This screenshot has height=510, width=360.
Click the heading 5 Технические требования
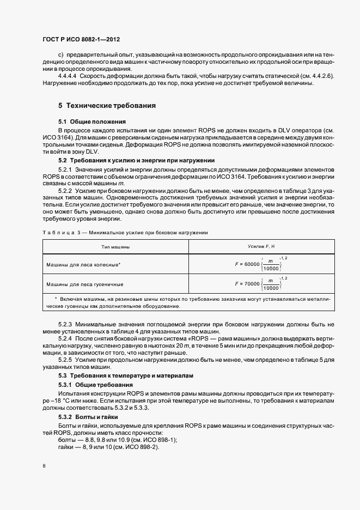coord(99,105)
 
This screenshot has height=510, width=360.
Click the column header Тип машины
coord(115,247)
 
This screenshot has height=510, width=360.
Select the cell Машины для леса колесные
coord(83,264)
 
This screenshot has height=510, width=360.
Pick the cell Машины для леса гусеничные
coord(84,284)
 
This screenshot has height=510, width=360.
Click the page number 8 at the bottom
coord(43,466)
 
